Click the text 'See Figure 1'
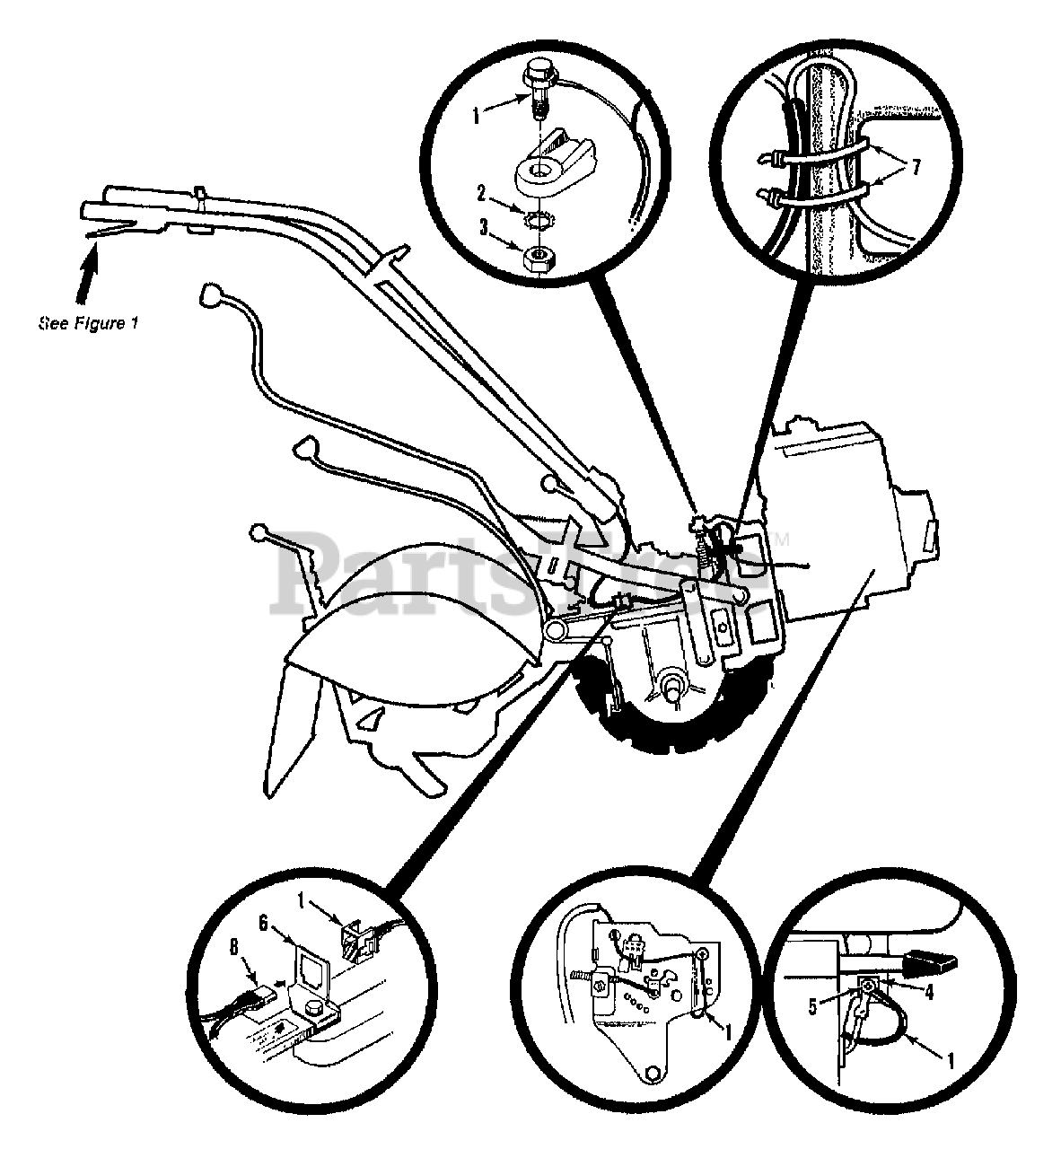[x=88, y=321]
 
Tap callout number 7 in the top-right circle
[x=915, y=168]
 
